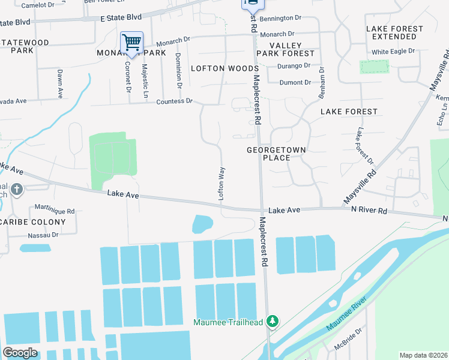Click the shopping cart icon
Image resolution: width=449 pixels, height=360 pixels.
131,43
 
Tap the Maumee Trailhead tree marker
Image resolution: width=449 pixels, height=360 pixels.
273,322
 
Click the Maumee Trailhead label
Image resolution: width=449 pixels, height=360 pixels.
228,322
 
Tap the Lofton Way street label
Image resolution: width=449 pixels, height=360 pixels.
221,183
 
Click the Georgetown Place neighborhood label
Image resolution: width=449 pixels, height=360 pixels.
277,154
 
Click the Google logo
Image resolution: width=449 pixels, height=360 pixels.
20,352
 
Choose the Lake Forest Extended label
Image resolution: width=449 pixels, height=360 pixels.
394,32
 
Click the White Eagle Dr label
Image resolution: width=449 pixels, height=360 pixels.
393,52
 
